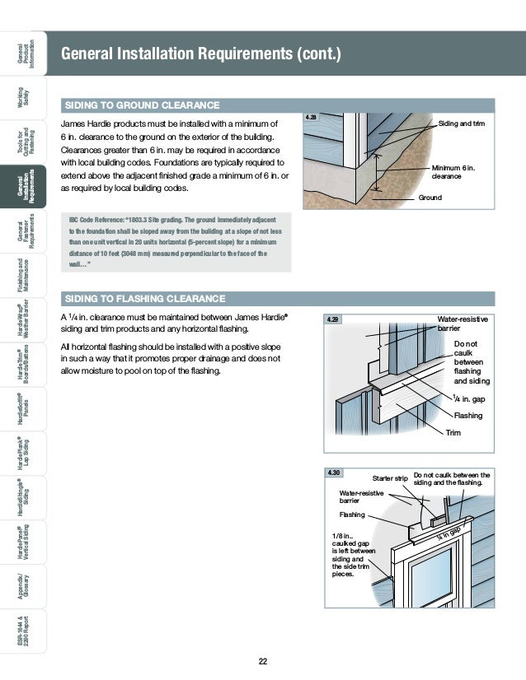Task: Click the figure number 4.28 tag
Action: point(311,119)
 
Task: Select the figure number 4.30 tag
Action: point(335,473)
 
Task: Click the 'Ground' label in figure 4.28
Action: point(431,198)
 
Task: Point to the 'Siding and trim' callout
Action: point(462,123)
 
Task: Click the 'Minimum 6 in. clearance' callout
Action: point(453,172)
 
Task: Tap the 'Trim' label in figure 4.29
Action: point(453,432)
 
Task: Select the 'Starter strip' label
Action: point(390,477)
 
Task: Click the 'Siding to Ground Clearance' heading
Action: point(143,105)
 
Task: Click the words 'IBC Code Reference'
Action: point(103,221)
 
